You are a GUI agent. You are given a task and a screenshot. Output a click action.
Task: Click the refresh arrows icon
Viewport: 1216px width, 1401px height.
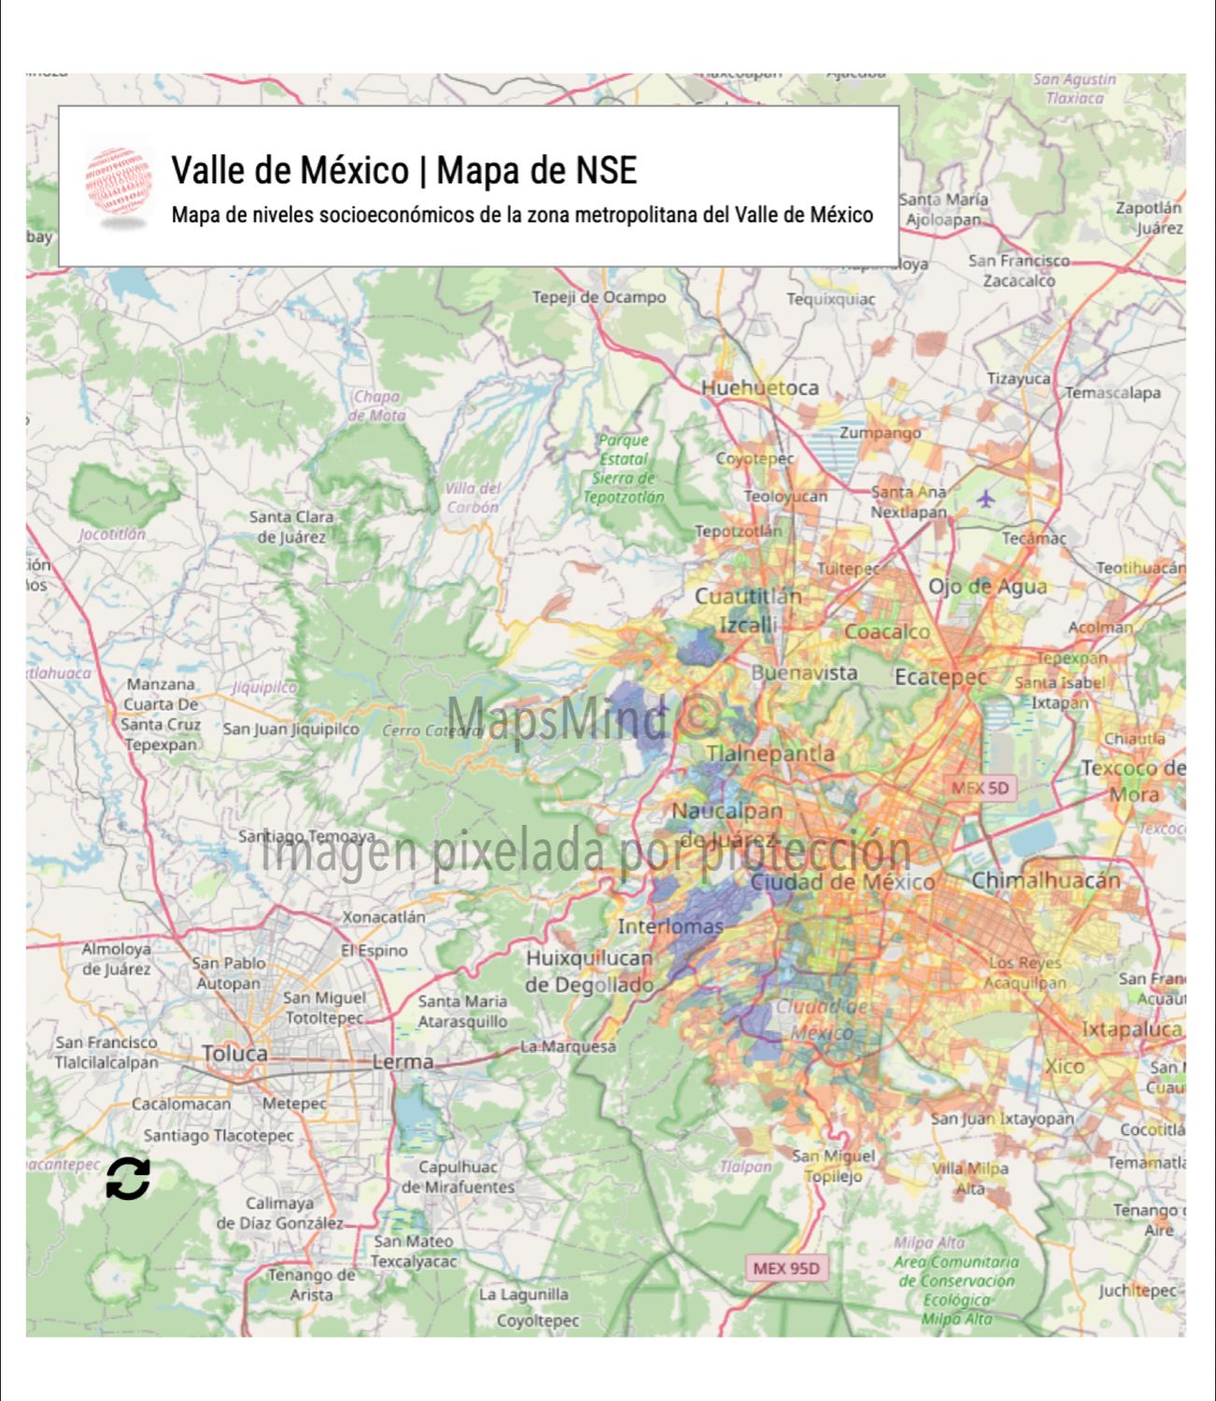(128, 1179)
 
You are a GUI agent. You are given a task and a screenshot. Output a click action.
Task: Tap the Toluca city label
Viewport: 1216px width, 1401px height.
(235, 1054)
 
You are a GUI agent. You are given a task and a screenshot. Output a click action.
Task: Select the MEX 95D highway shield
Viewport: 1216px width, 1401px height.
(786, 1268)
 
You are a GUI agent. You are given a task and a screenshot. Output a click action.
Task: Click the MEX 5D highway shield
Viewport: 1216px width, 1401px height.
(981, 787)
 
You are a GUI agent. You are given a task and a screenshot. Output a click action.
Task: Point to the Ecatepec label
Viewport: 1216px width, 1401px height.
(940, 676)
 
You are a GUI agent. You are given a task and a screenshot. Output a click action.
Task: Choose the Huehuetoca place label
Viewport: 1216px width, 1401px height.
(759, 388)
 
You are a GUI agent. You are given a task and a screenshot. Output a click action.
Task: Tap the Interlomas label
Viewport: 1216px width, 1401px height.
(671, 927)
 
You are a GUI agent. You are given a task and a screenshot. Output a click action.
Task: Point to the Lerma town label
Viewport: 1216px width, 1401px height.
(403, 1062)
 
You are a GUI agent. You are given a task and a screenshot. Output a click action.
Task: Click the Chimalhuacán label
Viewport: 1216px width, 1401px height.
(1045, 880)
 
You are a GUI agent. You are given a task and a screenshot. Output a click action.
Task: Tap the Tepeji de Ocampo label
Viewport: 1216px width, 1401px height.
(599, 297)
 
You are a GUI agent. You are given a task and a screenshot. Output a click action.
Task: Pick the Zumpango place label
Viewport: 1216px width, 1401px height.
(880, 432)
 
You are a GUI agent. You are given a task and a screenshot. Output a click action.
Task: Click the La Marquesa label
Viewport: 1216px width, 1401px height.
(568, 1047)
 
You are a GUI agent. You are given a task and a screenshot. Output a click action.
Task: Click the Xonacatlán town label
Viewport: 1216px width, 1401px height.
(383, 917)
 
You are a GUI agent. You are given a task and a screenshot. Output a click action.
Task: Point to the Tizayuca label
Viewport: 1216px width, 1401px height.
(1018, 378)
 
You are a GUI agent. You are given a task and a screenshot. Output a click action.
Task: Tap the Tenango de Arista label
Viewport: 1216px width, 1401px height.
(311, 1284)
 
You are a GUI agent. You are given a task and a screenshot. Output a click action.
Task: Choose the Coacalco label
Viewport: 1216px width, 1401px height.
(887, 631)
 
